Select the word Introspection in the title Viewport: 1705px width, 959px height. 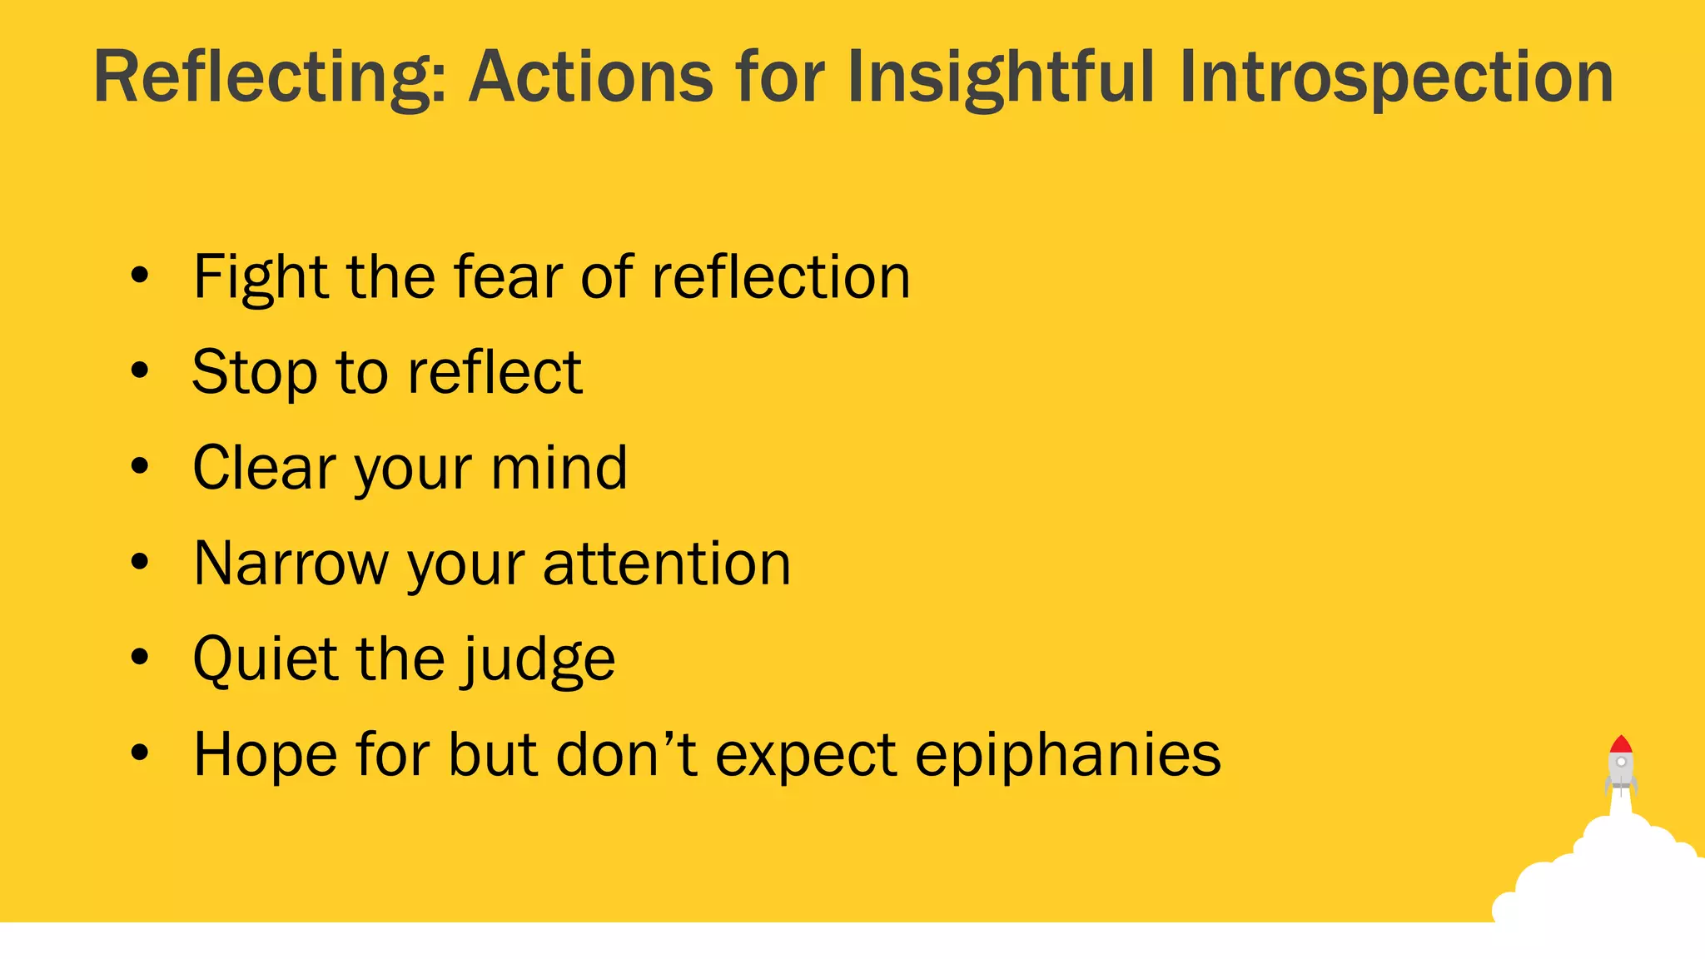point(1396,77)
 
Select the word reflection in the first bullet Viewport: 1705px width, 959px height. point(781,277)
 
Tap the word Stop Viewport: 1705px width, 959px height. point(255,372)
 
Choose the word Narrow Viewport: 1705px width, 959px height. point(291,564)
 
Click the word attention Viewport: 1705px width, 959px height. point(667,564)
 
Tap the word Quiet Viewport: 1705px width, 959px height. point(266,659)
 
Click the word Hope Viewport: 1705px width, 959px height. point(266,755)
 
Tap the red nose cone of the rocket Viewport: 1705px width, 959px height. point(1620,744)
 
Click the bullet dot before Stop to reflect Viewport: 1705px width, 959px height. point(140,370)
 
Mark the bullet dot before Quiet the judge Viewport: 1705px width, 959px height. point(140,658)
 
